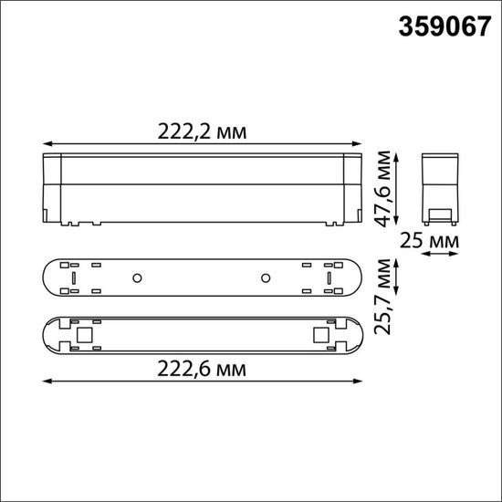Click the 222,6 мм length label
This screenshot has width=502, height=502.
pos(202,368)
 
